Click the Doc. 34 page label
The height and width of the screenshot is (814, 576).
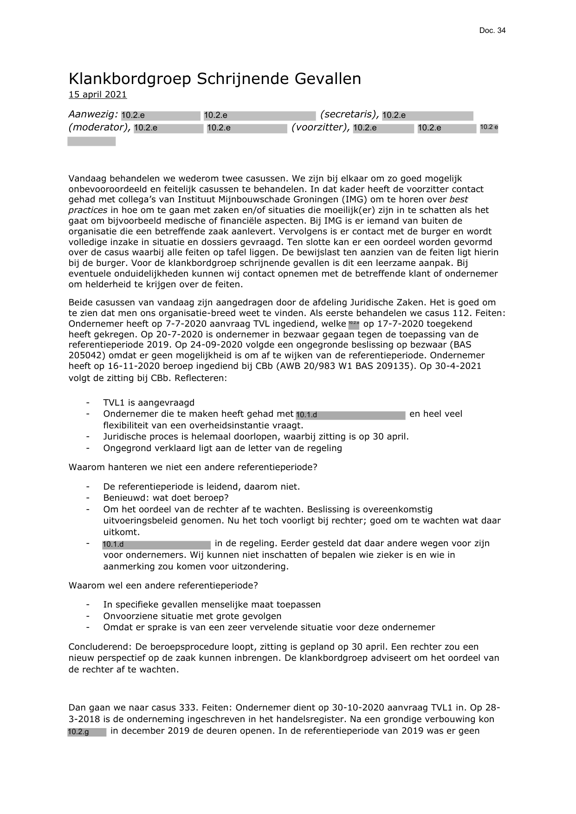[492, 31]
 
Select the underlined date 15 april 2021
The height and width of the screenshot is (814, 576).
[97, 95]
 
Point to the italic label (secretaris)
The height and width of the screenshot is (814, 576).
[349, 115]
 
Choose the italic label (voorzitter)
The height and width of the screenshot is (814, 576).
[320, 128]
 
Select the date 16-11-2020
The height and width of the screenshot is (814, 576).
[117, 366]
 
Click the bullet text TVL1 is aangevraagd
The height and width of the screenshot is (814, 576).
[149, 403]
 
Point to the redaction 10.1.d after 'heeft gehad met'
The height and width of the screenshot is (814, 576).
[350, 414]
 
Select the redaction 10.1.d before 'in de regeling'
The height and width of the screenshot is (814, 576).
[156, 544]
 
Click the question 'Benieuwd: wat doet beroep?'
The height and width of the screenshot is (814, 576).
[166, 498]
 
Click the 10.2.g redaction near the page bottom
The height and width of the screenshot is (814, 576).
[87, 732]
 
